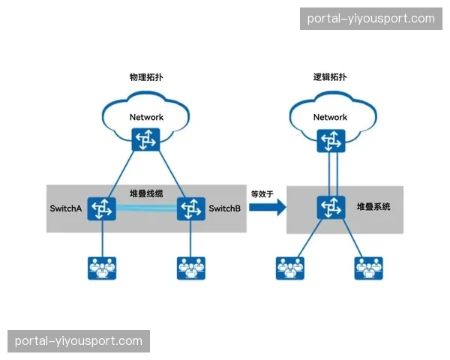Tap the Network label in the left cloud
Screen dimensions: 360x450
coord(146,117)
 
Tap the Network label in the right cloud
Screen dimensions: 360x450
coord(330,117)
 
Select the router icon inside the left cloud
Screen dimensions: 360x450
coord(145,139)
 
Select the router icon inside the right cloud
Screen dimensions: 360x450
coord(330,139)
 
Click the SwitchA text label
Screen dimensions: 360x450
coord(64,208)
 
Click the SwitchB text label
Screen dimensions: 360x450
coord(224,208)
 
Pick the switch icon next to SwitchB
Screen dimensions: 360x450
coord(190,208)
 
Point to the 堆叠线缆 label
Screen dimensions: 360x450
coord(145,193)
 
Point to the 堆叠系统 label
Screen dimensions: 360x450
coord(373,206)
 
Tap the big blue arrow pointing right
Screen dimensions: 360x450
coord(267,208)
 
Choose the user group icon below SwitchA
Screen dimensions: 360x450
coord(100,268)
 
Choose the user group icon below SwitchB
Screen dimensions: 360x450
coord(190,268)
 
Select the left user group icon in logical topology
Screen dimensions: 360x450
coord(290,268)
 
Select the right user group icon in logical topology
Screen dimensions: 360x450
coord(369,268)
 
